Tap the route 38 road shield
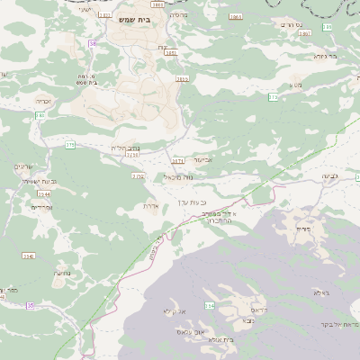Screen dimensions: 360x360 (92, 44)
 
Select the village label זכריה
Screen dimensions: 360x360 (43, 101)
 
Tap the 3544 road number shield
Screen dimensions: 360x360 (43, 193)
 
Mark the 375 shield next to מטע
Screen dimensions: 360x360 (273, 96)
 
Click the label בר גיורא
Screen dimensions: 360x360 (326, 56)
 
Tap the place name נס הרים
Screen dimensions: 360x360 (315, 24)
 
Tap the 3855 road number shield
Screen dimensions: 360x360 (183, 79)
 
